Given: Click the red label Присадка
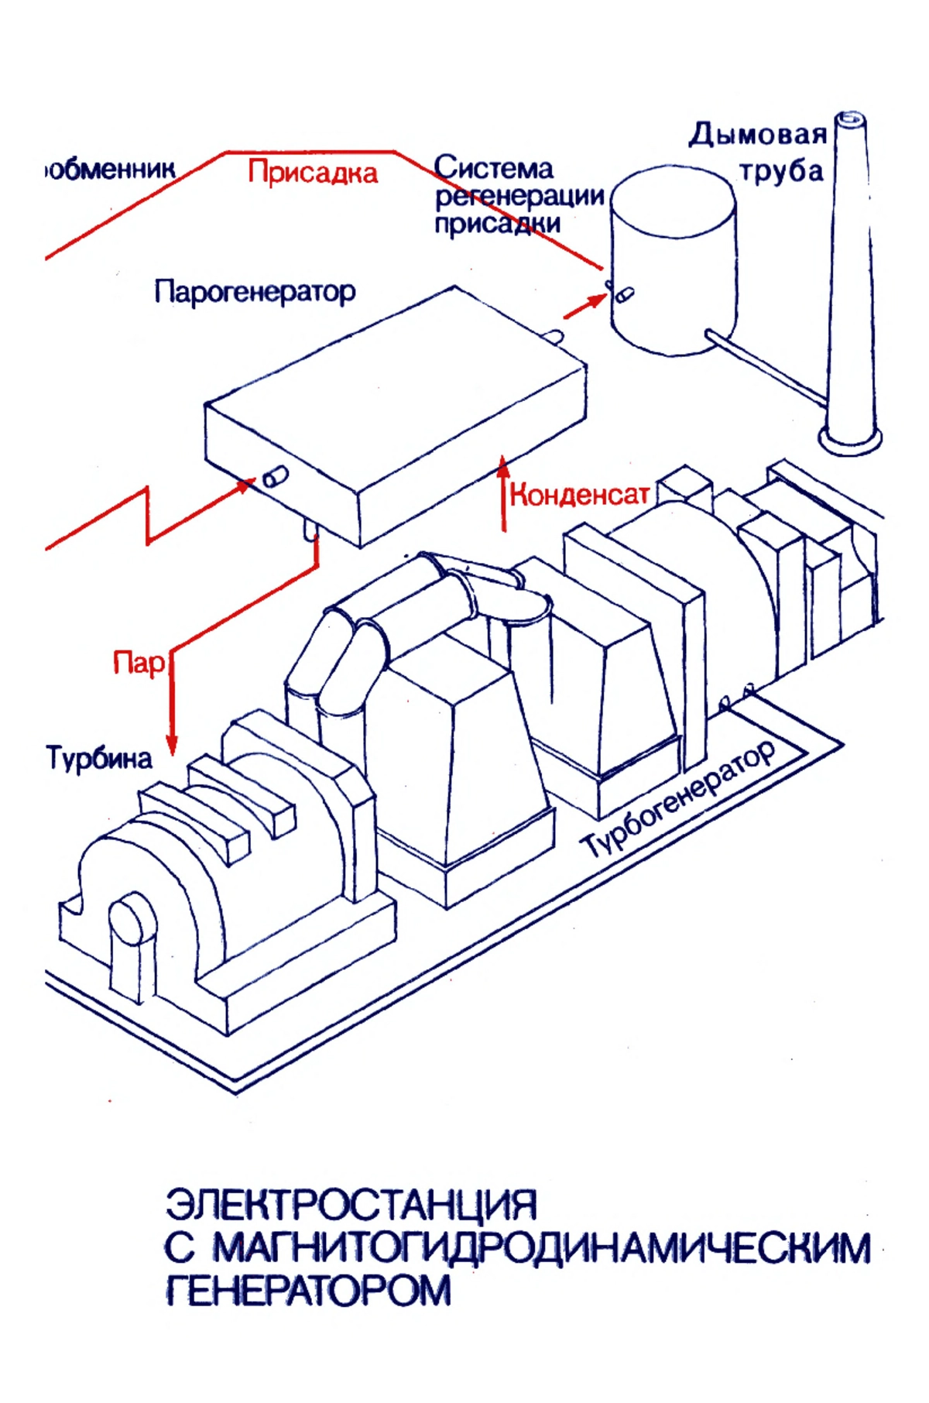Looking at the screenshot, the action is coord(313,173).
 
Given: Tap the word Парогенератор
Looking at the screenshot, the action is coord(255,292).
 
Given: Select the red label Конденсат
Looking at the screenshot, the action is coord(579,495).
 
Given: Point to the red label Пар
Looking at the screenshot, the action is coord(139,663).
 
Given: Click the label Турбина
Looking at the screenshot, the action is coord(100,756).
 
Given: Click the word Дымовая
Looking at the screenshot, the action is coord(757,135).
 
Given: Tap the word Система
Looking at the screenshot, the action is coord(493,167).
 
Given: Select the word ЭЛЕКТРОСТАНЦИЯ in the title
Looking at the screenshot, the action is coord(351,1205).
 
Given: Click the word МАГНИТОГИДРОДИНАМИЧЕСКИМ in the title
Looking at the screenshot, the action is coord(541,1247).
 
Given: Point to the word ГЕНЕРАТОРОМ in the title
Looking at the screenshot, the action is coord(308,1290).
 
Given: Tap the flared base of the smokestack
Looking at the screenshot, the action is coord(851,443).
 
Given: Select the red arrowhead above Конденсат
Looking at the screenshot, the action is coord(504,465).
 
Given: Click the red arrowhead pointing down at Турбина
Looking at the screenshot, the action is coord(172,745).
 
